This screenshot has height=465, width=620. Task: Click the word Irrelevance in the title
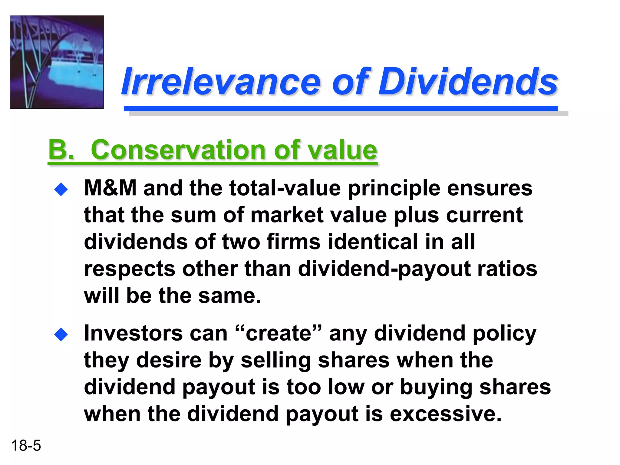pyautogui.click(x=221, y=81)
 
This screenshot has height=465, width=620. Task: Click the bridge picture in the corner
pyautogui.click(x=57, y=62)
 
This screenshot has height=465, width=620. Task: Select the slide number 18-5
pyautogui.click(x=26, y=446)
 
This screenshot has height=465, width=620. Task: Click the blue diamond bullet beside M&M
pyautogui.click(x=61, y=190)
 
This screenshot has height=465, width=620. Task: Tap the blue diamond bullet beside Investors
pyautogui.click(x=61, y=335)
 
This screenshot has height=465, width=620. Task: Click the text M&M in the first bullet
pyautogui.click(x=110, y=188)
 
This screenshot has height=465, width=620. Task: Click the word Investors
pyautogui.click(x=133, y=333)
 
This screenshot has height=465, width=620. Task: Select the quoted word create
pyautogui.click(x=278, y=333)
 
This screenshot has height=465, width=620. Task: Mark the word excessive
pyautogui.click(x=445, y=414)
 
